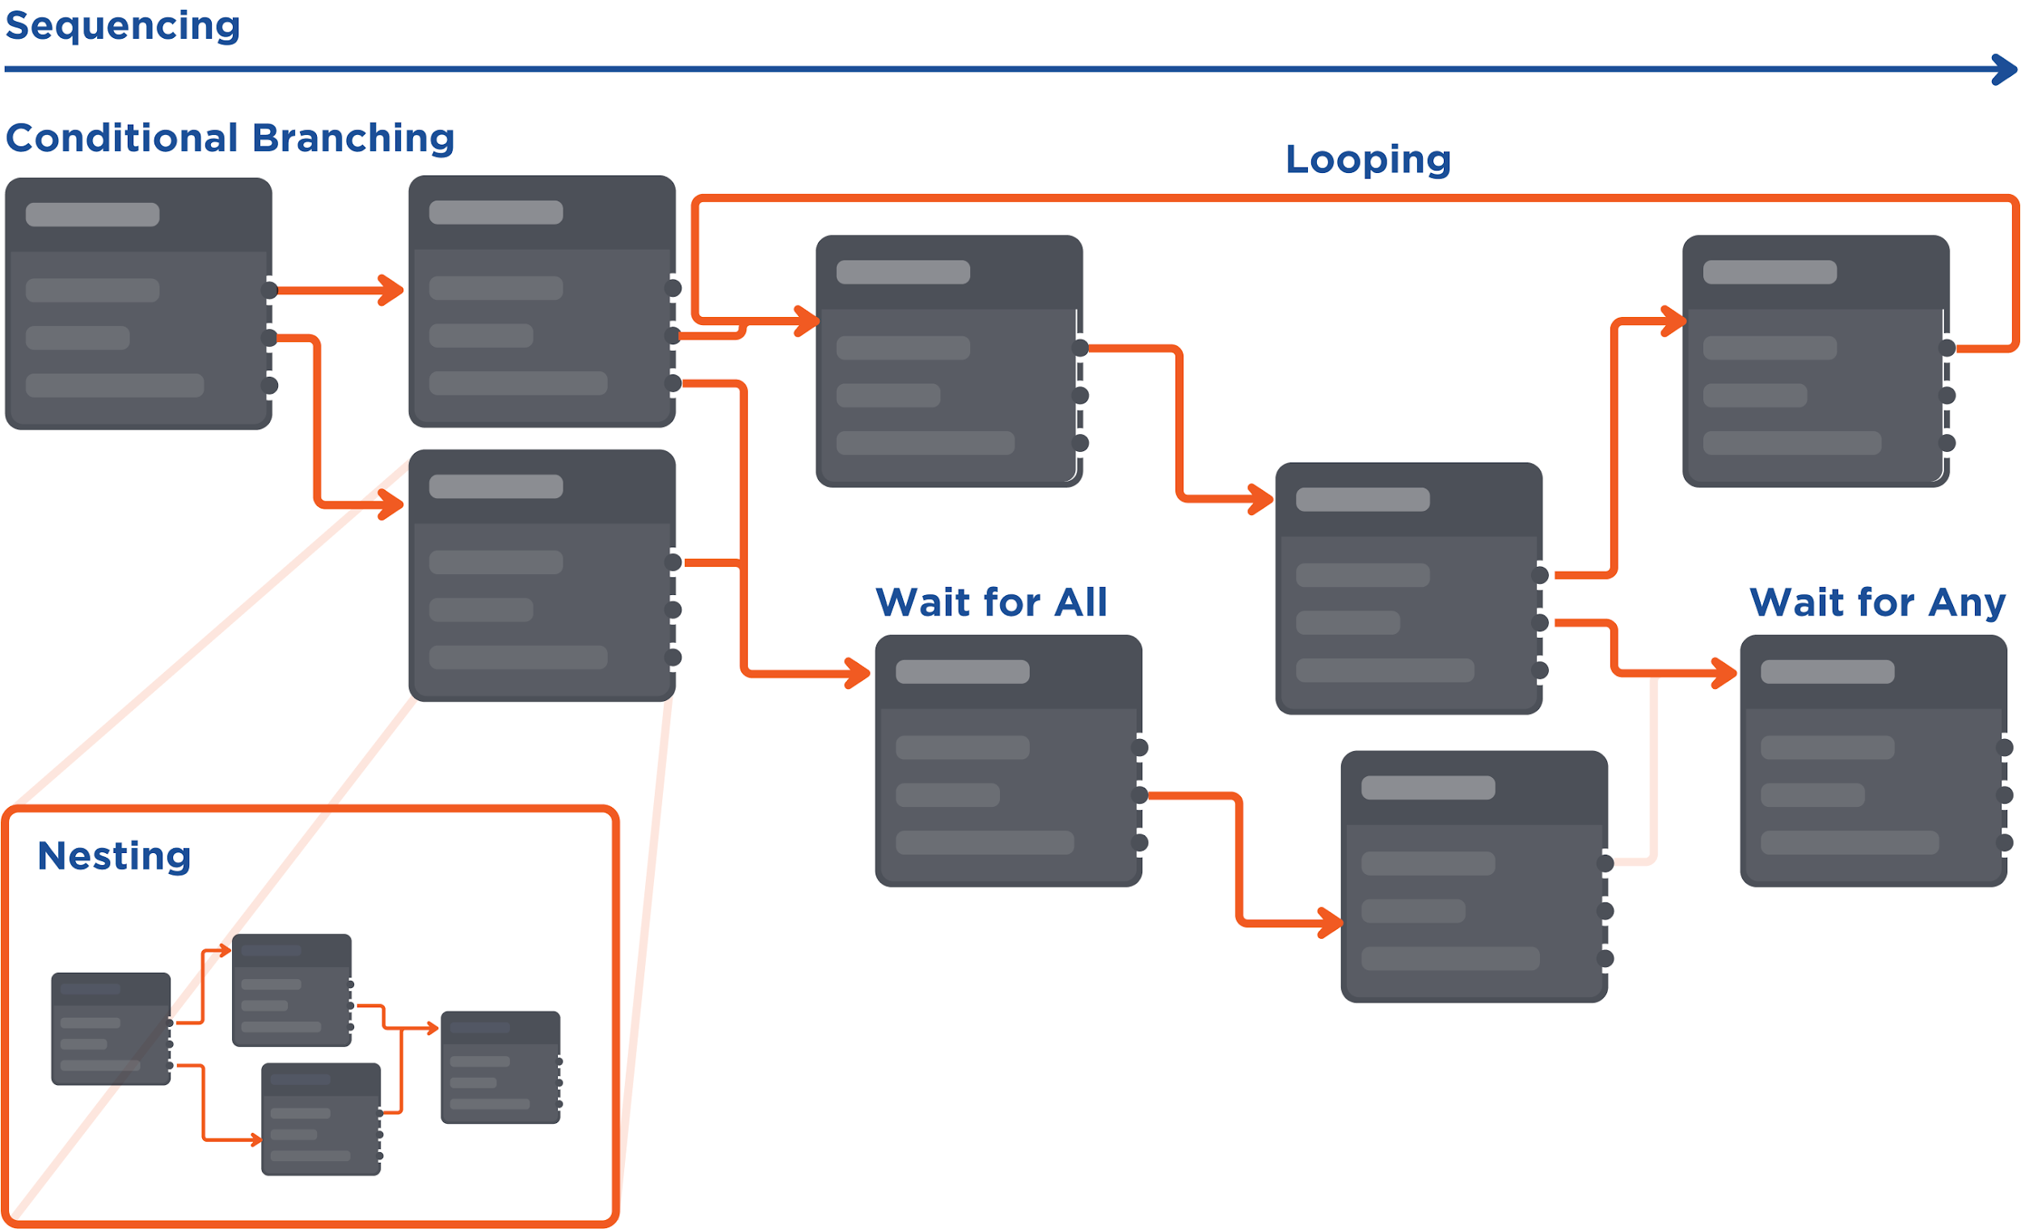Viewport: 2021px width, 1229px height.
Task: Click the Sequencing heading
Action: [x=123, y=26]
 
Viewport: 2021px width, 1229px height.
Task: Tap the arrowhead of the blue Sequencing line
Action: [x=2006, y=70]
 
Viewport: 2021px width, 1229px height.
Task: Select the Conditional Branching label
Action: [x=230, y=137]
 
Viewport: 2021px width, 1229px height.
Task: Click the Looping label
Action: [x=1368, y=159]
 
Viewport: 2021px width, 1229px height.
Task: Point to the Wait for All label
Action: [x=992, y=602]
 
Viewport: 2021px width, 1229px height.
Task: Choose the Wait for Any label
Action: [x=1877, y=602]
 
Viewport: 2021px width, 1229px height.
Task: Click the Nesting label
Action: [x=114, y=855]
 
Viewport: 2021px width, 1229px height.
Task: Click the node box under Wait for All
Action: [x=1008, y=761]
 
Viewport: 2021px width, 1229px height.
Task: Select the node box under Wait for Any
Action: [x=1873, y=761]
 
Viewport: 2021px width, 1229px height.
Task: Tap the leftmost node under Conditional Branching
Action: [x=138, y=303]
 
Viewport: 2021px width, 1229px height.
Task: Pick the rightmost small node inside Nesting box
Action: [x=500, y=1066]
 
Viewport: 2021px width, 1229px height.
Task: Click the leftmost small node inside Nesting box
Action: [x=111, y=1028]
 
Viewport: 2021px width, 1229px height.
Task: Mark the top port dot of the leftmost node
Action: [x=270, y=289]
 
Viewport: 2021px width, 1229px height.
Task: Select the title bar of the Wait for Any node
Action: [x=1873, y=672]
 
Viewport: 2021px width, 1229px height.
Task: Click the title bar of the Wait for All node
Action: [x=1008, y=672]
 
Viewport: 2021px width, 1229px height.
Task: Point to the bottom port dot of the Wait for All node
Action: [x=1140, y=843]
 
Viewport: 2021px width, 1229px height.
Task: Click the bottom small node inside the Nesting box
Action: [x=321, y=1119]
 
